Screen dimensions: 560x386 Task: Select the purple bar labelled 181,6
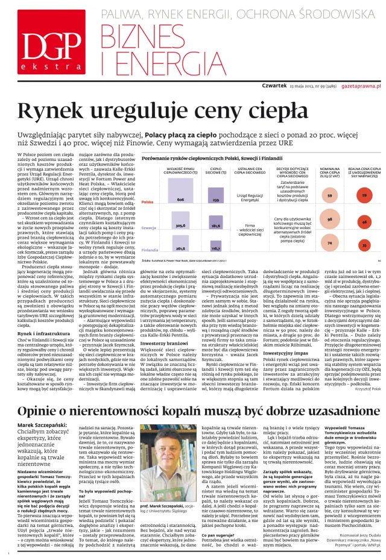click(x=215, y=227)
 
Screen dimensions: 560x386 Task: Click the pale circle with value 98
click(x=330, y=220)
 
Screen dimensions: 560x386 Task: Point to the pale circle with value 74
click(x=329, y=243)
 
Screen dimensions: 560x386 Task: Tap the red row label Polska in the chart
click(x=147, y=203)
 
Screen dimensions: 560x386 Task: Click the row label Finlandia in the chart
click(x=150, y=249)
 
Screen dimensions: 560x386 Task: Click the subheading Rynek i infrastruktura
click(x=40, y=316)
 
